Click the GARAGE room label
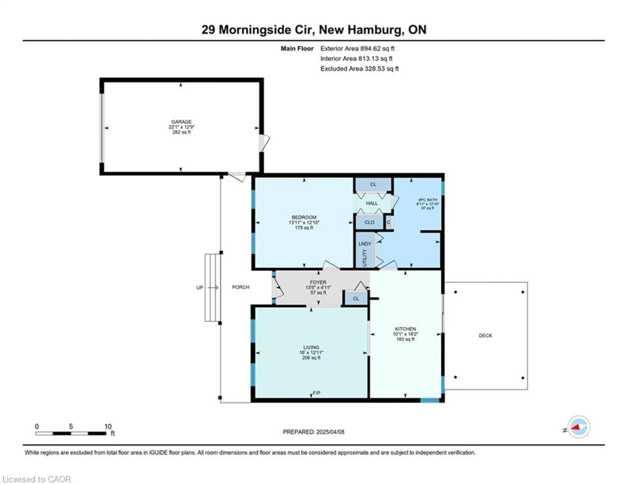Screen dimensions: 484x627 click(x=181, y=122)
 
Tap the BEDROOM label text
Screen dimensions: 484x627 click(x=304, y=217)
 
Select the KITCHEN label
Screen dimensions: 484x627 click(x=405, y=329)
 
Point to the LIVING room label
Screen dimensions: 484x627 click(x=311, y=347)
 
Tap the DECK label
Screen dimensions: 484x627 click(x=485, y=335)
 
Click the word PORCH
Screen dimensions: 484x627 click(x=241, y=287)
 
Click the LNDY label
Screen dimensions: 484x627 click(x=365, y=243)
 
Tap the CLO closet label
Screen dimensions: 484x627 click(x=369, y=222)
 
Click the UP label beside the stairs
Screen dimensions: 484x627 click(x=200, y=287)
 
